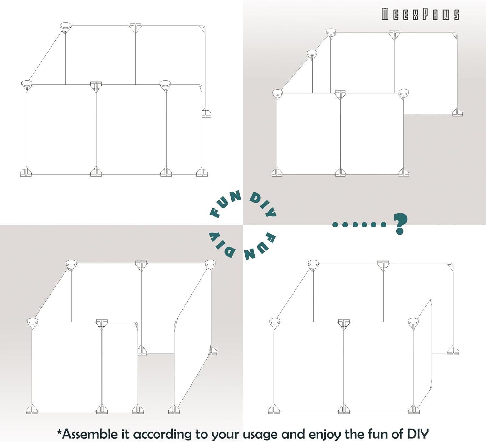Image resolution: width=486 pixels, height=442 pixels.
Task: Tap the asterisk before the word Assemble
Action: click(59, 432)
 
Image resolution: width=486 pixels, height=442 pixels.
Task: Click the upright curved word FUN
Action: click(224, 204)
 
